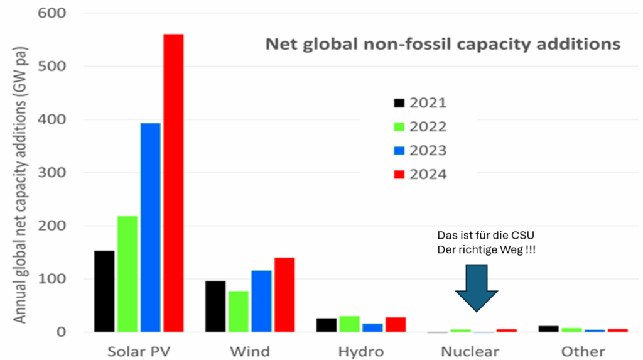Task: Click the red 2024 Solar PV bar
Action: point(173,182)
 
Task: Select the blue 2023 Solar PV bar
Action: point(150,227)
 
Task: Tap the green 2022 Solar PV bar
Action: point(127,273)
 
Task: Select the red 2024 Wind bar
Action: point(284,295)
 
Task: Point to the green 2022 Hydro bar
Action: point(350,324)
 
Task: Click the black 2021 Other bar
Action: point(549,328)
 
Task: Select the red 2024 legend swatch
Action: point(399,174)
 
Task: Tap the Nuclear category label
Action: point(470,351)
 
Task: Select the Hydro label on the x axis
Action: point(360,351)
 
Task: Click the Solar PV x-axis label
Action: point(138,351)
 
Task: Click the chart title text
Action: point(443,44)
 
